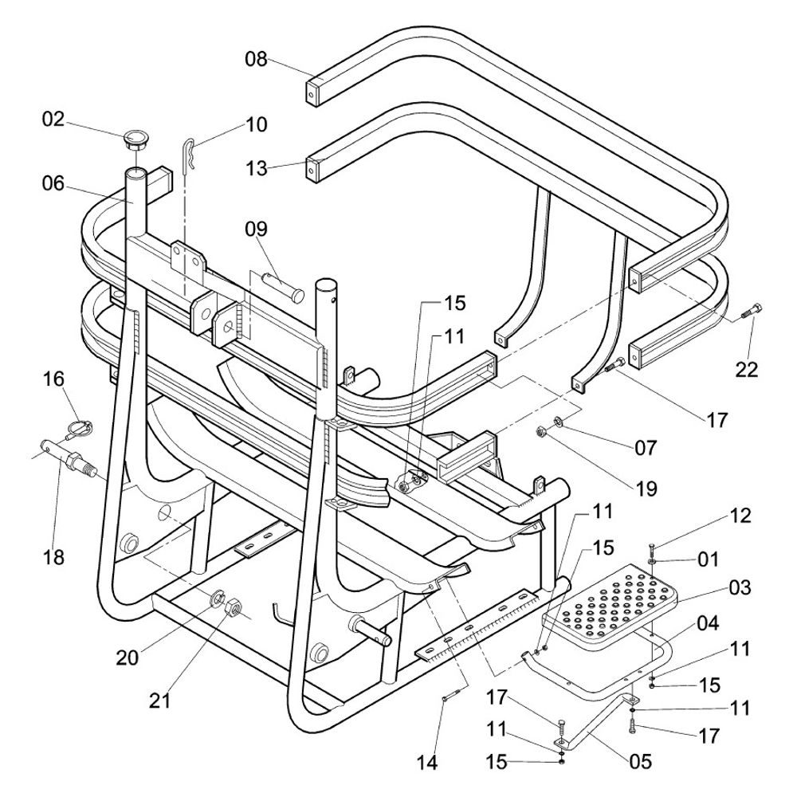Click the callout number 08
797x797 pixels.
[x=257, y=59]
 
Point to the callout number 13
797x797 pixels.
[x=257, y=168]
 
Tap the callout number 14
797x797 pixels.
[x=427, y=762]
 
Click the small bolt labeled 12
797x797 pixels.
[x=652, y=549]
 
